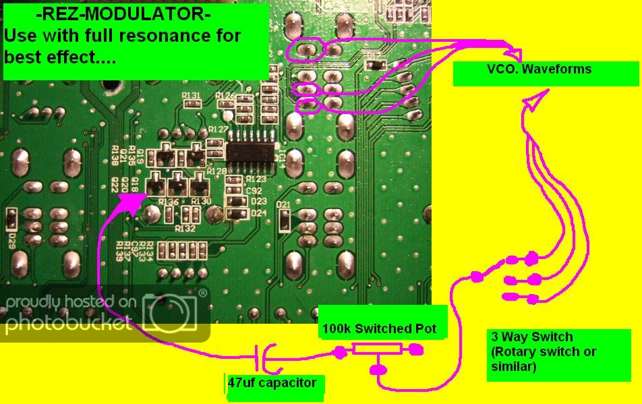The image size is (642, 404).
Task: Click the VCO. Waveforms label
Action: click(x=539, y=69)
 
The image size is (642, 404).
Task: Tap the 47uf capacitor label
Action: click(x=272, y=383)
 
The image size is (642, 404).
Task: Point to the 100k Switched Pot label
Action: click(x=379, y=329)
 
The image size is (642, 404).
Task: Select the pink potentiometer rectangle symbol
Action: click(x=378, y=349)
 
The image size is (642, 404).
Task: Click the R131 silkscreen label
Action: click(x=192, y=96)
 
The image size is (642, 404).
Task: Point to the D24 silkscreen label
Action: click(x=258, y=212)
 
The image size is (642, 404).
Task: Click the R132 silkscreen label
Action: click(x=185, y=229)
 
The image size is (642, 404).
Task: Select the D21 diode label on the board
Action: click(x=283, y=205)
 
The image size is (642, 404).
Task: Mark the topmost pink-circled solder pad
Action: click(x=307, y=49)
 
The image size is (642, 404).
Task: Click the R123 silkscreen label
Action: click(x=256, y=179)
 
